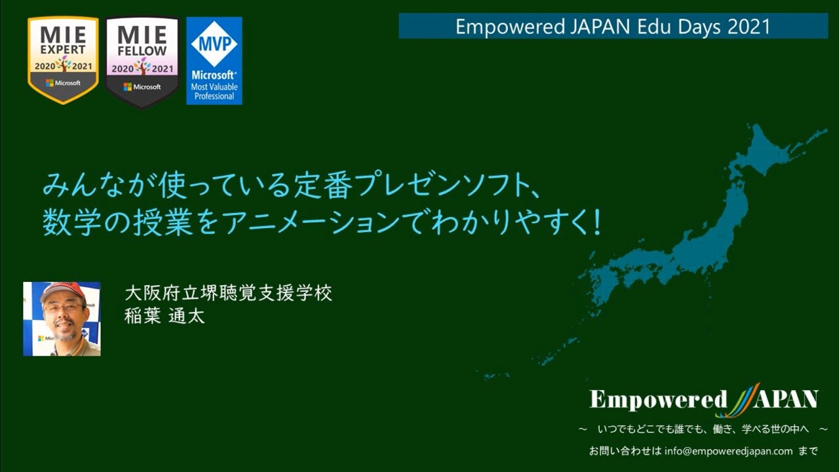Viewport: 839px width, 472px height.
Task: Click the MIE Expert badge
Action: [63, 59]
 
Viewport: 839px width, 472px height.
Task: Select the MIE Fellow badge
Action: [142, 61]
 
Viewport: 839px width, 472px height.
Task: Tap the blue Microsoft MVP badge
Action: [214, 60]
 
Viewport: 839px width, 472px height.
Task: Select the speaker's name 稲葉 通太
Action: [165, 316]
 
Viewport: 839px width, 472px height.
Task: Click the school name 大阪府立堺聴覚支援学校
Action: [228, 292]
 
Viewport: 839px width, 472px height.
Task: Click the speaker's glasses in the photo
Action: [63, 307]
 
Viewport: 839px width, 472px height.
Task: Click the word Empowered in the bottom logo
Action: [658, 399]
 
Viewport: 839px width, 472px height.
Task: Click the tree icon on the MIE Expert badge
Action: [63, 64]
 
